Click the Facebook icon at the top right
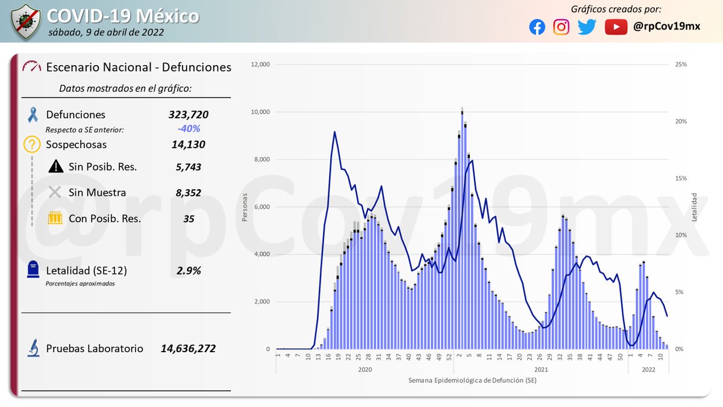537,27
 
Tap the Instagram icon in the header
562,27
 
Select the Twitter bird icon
586,27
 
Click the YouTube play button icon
616,27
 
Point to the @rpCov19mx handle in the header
666,27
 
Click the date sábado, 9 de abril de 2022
105,32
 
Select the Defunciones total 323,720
189,115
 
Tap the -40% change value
189,129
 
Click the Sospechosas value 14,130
189,145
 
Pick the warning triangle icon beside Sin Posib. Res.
55,166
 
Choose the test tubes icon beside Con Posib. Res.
55,218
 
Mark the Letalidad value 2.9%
189,271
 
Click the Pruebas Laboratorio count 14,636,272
188,349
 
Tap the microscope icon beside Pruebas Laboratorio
34,349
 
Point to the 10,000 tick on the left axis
261,112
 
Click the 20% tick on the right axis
680,121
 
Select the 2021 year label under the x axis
540,369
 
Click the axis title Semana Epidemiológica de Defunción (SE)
472,380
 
